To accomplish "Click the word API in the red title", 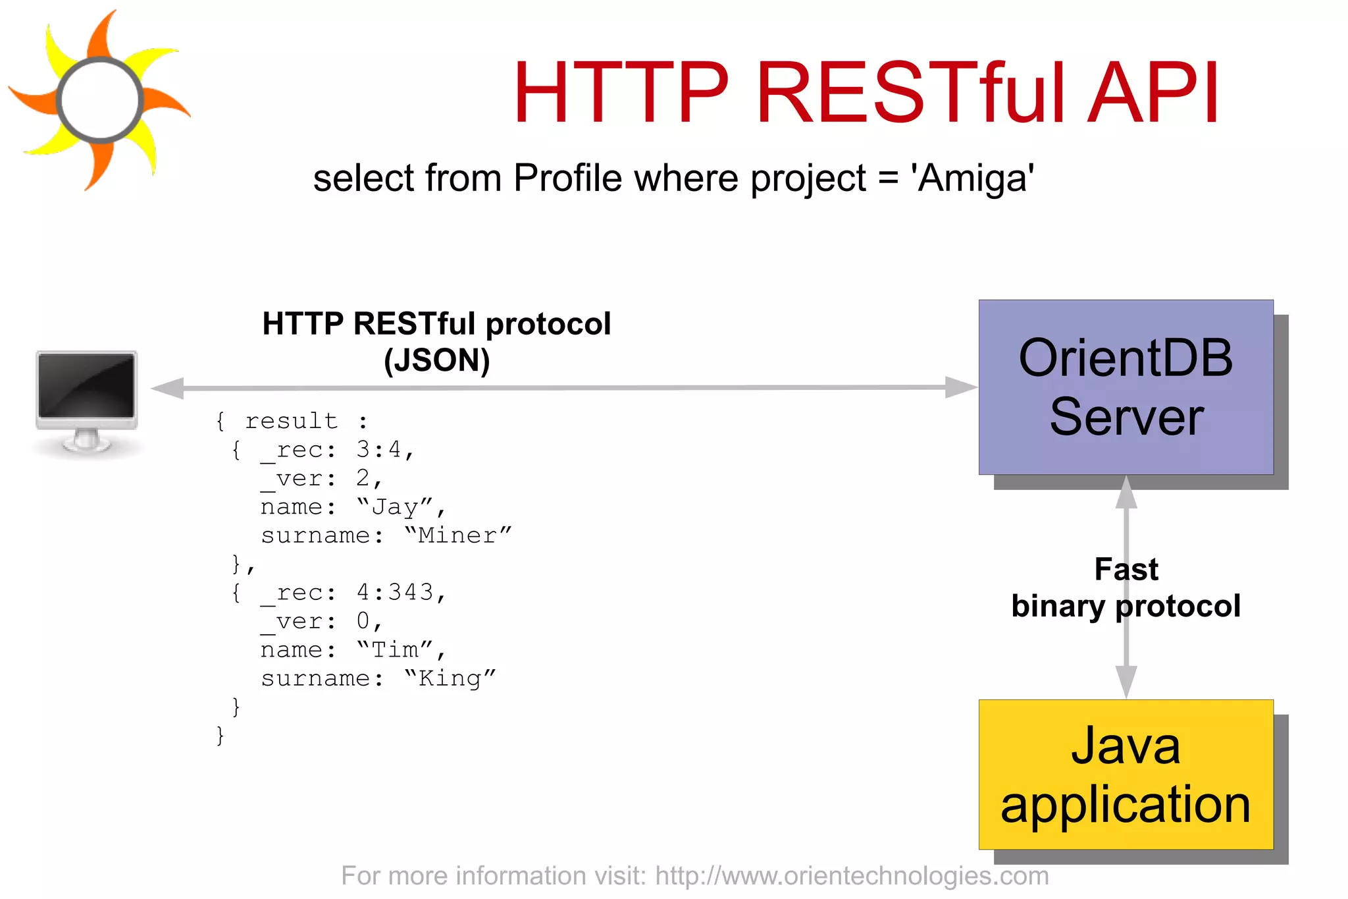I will click(1153, 94).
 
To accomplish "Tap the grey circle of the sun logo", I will click(100, 100).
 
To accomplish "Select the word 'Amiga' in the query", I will click(972, 178).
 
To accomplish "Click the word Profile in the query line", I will click(567, 178).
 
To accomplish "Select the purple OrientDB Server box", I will click(1126, 387).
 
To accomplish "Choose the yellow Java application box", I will click(1126, 775).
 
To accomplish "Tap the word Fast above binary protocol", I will click(1126, 569).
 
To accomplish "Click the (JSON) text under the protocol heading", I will click(436, 360).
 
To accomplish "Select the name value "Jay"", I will click(395, 507).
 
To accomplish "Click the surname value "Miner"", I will click(457, 535).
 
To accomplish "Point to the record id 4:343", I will click(395, 593).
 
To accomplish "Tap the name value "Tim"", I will click(395, 650).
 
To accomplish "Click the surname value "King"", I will click(450, 678).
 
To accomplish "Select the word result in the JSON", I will click(292, 421).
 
